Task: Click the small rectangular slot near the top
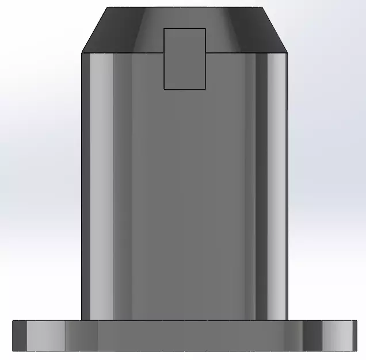(x=185, y=59)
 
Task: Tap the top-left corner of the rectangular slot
(x=165, y=28)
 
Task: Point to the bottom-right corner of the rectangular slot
(x=205, y=89)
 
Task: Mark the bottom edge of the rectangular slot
(x=185, y=89)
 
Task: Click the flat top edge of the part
(x=184, y=7)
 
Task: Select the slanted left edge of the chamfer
(x=95, y=30)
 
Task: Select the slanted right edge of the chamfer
(x=274, y=30)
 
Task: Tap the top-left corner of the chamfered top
(x=108, y=7)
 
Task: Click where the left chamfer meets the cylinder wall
(x=82, y=53)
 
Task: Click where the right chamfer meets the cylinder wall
(x=287, y=53)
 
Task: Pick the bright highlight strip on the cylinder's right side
(x=277, y=184)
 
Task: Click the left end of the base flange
(x=13, y=335)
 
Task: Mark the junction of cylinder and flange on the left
(x=82, y=320)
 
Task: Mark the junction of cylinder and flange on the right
(x=287, y=320)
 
